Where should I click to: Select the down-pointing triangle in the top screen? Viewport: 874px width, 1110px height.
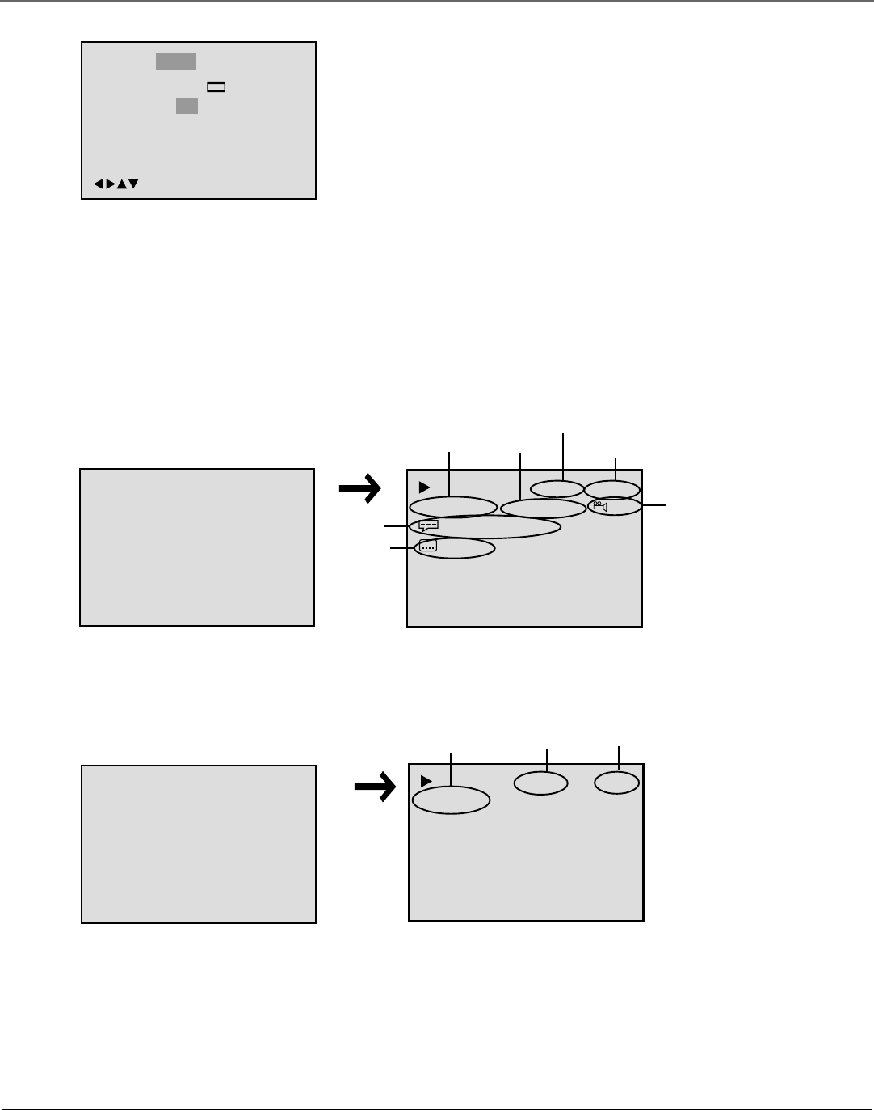coord(133,184)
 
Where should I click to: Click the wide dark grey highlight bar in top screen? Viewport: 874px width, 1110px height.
coord(176,61)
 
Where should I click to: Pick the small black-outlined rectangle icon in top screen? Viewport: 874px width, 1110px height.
coord(216,87)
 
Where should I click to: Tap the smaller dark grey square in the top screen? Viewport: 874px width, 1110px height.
coord(187,106)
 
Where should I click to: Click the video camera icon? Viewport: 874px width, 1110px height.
coord(599,507)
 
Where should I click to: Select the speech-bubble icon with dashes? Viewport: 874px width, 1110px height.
coord(428,525)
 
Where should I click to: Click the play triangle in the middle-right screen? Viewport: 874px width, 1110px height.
coord(424,487)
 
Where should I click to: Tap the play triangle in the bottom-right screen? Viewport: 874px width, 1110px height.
coord(426,781)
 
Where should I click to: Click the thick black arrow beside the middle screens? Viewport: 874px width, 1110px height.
coord(359,487)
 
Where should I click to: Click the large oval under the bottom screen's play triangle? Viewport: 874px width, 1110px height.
coord(451,800)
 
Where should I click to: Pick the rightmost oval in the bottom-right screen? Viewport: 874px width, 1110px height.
coord(616,783)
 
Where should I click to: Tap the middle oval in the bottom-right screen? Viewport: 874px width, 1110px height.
coord(541,783)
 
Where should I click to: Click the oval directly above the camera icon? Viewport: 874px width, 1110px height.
coord(611,489)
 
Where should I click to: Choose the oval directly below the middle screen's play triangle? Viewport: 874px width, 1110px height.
coord(453,507)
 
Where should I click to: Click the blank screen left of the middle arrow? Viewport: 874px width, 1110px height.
coord(197,547)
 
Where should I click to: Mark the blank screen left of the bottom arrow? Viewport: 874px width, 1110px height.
coord(199,844)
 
